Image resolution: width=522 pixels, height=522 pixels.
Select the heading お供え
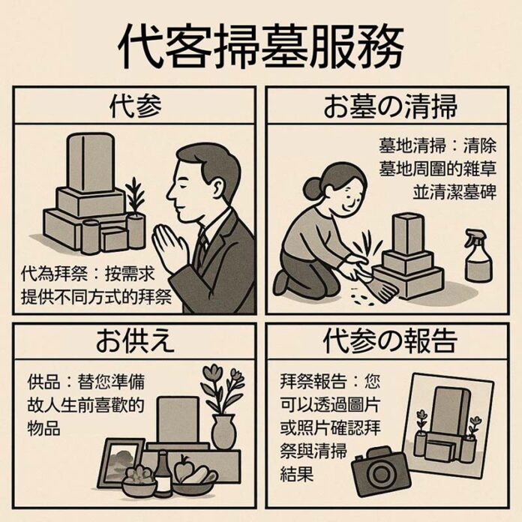coord(135,340)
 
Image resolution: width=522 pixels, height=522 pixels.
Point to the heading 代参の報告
coord(390,340)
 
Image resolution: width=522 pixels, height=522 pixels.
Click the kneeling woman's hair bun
coord(316,184)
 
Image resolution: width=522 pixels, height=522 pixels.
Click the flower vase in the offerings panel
coord(223,431)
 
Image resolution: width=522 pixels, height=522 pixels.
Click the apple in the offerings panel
coord(184,472)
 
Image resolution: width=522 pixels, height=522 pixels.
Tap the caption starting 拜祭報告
coord(320,424)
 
